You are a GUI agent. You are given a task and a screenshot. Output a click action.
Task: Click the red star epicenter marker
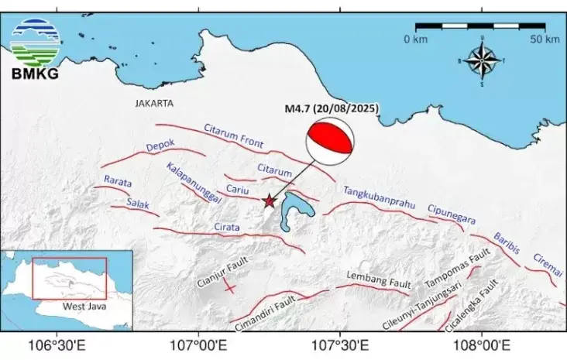coord(269,201)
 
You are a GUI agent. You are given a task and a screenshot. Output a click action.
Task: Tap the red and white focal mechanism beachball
coord(332,142)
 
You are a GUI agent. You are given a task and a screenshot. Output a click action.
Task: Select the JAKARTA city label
coord(154,103)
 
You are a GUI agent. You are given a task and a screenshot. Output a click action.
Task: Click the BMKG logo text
coord(34,74)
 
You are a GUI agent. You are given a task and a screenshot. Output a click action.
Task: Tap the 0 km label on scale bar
coord(416,39)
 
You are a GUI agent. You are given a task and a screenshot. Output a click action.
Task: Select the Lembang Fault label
coord(376,276)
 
